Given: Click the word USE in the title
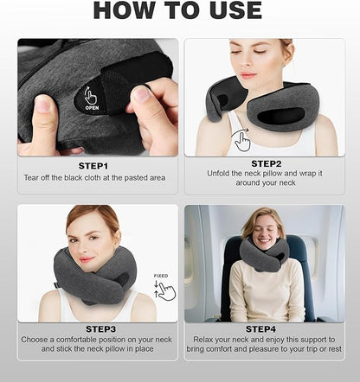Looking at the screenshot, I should tap(232, 10).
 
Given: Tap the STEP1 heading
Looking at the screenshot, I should tap(94, 164).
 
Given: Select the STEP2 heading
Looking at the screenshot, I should tap(267, 162).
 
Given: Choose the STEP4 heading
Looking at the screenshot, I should tap(267, 329).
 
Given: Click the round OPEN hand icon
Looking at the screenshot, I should tap(92, 99).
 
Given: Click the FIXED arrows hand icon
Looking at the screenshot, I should tap(164, 288).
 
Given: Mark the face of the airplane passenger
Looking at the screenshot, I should tap(262, 228).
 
